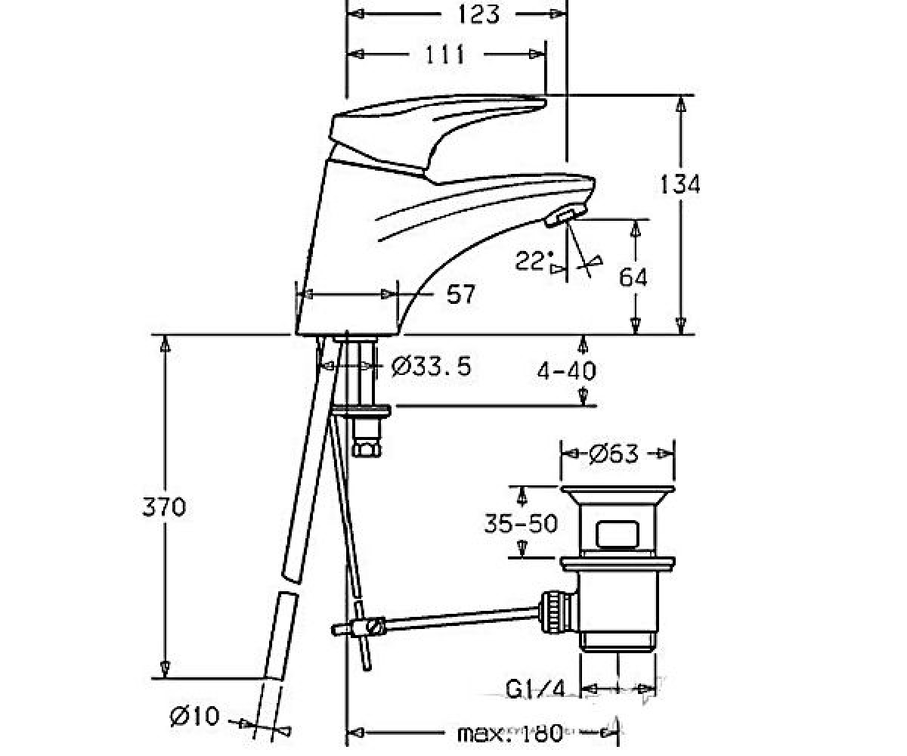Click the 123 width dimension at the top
coord(478,15)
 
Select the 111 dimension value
coord(445,54)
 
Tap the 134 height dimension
coord(679,184)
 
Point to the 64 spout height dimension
coord(633,277)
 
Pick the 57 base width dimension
coord(461,294)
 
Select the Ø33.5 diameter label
coord(431,366)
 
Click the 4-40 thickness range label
coord(566,371)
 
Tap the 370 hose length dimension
coord(164,507)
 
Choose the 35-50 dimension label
coord(521,523)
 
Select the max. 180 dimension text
coord(510,730)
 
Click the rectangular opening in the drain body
coord(618,534)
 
